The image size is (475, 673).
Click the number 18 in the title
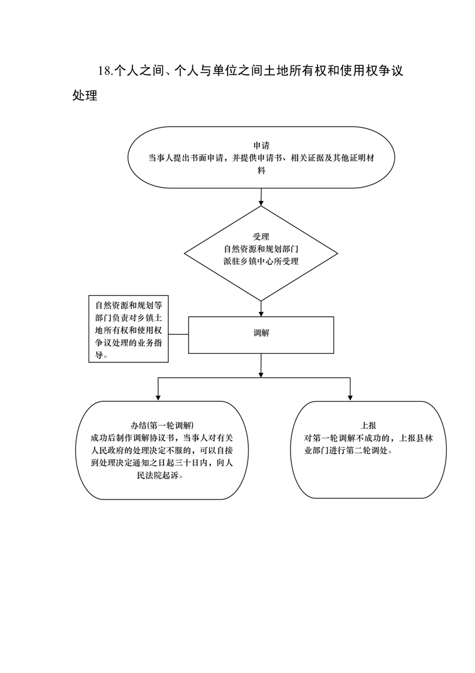(104, 71)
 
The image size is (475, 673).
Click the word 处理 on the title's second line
(85, 95)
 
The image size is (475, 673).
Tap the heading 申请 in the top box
(261, 146)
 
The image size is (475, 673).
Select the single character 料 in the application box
(261, 170)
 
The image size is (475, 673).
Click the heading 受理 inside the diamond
(261, 236)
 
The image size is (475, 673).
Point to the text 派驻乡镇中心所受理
(261, 261)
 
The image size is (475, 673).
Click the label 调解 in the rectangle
(261, 333)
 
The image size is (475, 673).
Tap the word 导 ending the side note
(99, 355)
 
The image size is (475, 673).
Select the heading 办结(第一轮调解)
(162, 425)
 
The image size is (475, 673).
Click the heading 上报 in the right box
(368, 425)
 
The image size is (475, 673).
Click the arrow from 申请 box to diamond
(261, 197)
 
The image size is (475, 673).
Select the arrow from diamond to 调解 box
(261, 308)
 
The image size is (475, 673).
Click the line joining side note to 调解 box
(178, 334)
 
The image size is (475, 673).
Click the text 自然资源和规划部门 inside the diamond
(261, 249)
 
